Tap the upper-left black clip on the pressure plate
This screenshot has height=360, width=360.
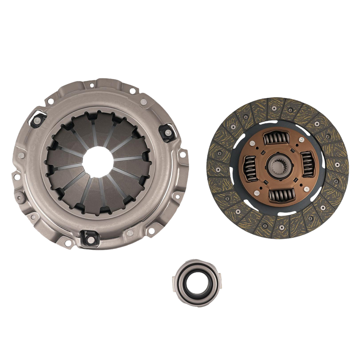click(x=37, y=119)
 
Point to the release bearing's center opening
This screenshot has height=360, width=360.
click(x=198, y=281)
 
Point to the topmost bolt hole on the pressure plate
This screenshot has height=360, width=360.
click(x=92, y=85)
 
